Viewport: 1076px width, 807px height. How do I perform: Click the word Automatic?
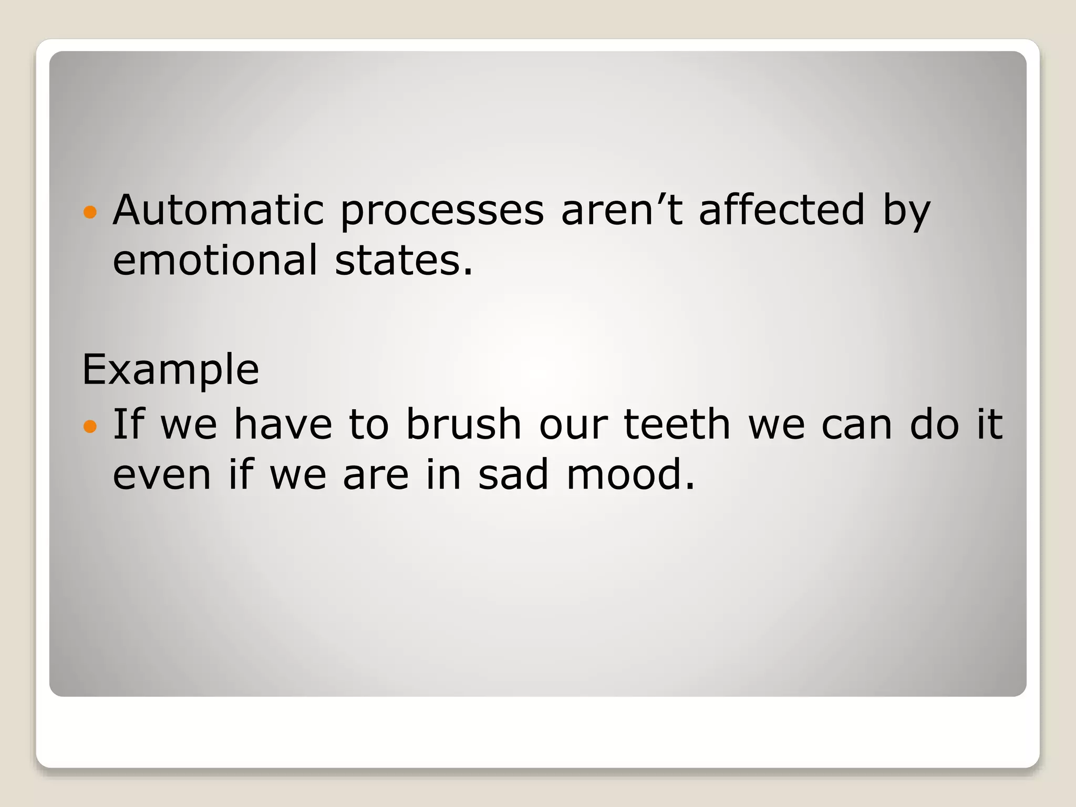pyautogui.click(x=219, y=210)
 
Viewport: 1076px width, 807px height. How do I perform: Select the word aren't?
pyautogui.click(x=622, y=210)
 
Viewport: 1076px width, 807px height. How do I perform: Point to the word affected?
pyautogui.click(x=781, y=210)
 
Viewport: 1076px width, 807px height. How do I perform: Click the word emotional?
pyautogui.click(x=215, y=260)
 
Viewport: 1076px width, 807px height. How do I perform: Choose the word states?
pyautogui.click(x=403, y=260)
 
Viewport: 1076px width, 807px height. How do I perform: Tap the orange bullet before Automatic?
pyautogui.click(x=90, y=212)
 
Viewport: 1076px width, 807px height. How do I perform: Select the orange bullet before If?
pyautogui.click(x=90, y=426)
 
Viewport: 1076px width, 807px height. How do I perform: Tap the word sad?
pyautogui.click(x=513, y=474)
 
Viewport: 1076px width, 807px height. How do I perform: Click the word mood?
pyautogui.click(x=630, y=474)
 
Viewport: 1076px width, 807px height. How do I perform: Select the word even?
pyautogui.click(x=162, y=474)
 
